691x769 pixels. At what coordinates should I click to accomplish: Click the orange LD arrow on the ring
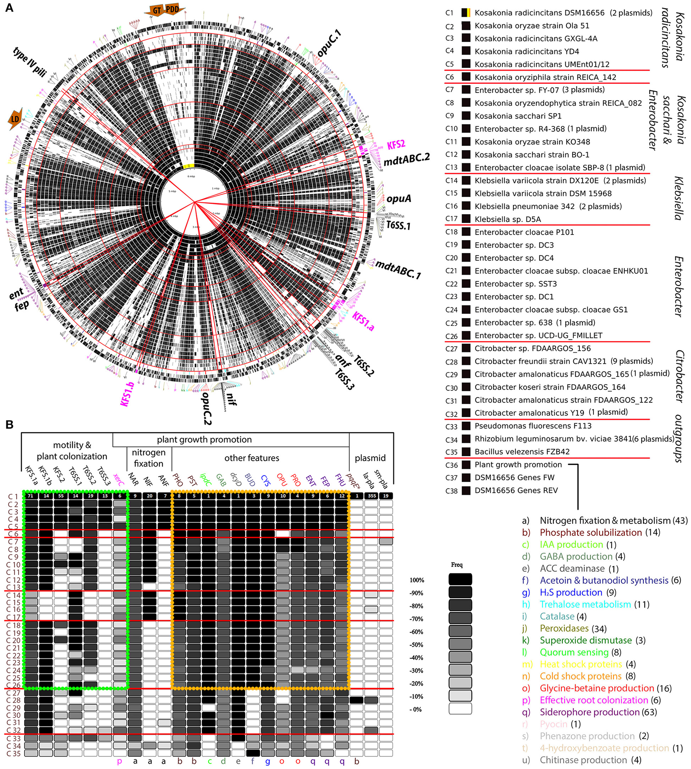click(15, 119)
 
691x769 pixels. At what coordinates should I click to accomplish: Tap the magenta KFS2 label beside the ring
click(396, 145)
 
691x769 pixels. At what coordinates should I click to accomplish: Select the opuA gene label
click(399, 199)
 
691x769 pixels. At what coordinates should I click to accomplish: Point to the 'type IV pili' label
click(30, 61)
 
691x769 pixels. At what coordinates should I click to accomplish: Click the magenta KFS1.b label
click(128, 394)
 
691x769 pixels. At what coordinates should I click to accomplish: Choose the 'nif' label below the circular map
click(231, 399)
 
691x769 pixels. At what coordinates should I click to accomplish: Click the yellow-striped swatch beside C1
click(466, 13)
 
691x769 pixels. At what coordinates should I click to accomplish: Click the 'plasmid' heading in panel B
click(370, 458)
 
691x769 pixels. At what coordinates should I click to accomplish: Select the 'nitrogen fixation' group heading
click(149, 458)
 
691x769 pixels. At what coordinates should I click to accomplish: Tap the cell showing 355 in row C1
click(372, 496)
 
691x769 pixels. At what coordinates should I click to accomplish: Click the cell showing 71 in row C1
click(31, 496)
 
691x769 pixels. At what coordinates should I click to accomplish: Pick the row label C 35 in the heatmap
click(13, 753)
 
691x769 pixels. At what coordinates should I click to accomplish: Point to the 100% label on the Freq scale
click(416, 580)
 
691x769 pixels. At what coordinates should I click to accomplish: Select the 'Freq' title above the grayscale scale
click(457, 565)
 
